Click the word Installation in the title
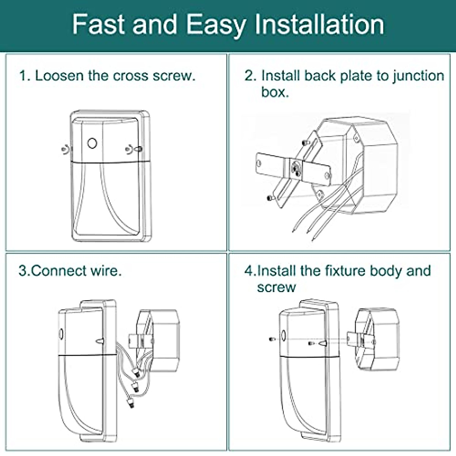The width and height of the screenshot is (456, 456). point(319,24)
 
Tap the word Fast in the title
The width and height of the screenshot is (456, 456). point(98,24)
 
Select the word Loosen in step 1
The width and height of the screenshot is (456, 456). point(59,76)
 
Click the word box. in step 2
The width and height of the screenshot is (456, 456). point(275,92)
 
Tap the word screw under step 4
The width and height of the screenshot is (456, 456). point(276,288)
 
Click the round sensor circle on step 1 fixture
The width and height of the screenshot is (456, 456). point(92,143)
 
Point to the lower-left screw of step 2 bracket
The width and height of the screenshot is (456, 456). point(270,198)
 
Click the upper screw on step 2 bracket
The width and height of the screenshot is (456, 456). point(305,143)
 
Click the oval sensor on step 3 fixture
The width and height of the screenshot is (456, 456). point(61,334)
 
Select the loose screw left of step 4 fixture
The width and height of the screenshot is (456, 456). point(272,339)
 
